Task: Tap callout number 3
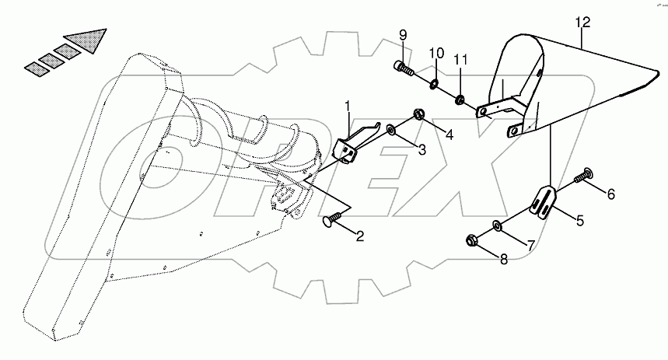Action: (421, 149)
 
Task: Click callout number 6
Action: (610, 194)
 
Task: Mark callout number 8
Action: (503, 260)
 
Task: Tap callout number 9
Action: (403, 35)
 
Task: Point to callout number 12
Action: (582, 23)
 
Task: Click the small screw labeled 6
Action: (582, 180)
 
